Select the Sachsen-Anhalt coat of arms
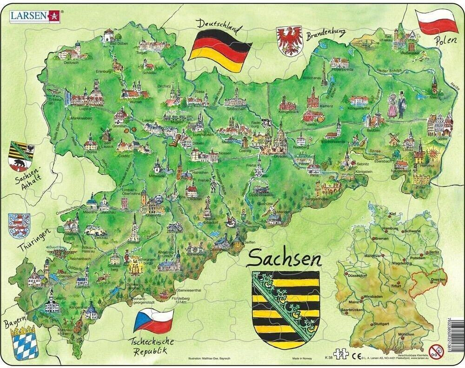(21, 155)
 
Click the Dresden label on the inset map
(438, 279)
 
